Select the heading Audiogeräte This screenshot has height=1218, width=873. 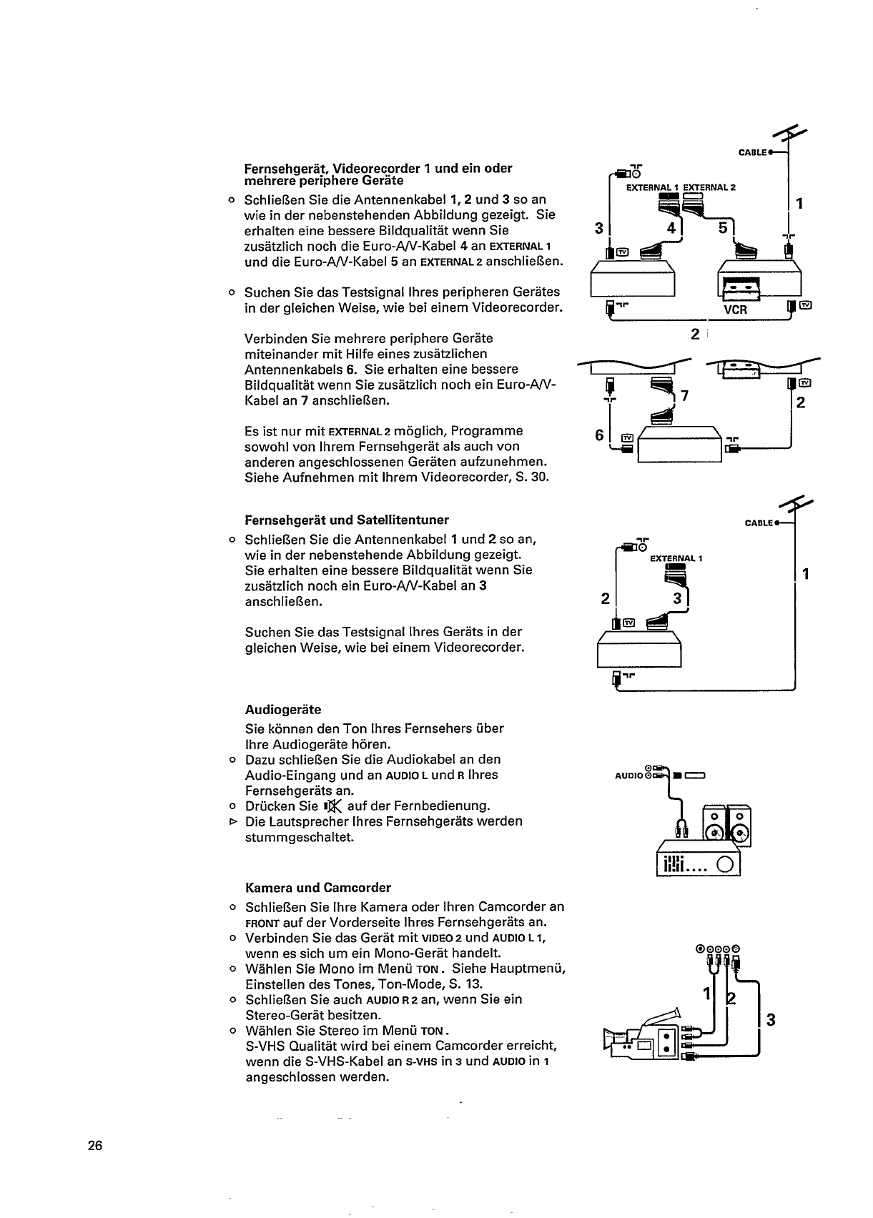point(283,710)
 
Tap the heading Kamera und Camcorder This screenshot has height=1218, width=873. point(318,888)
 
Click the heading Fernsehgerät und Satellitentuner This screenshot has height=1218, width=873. point(347,520)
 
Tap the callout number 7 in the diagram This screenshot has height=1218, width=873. point(684,395)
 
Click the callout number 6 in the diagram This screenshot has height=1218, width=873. point(600,435)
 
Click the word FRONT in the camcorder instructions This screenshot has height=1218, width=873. point(257,923)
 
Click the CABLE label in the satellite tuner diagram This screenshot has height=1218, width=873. point(759,523)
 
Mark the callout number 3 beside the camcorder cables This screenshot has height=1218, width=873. point(770,1020)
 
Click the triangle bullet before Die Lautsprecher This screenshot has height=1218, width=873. point(231,822)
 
